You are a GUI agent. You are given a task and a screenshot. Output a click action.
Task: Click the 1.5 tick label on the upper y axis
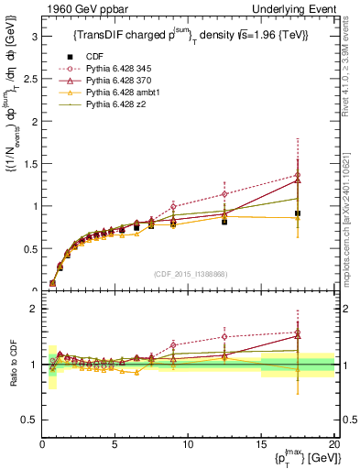click(x=30, y=164)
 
